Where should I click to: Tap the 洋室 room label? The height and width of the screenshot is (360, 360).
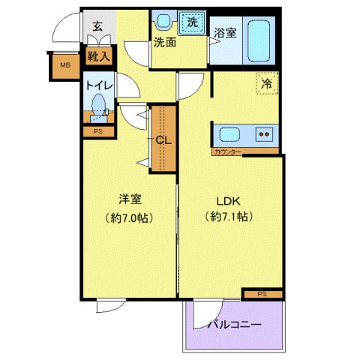tap(129, 199)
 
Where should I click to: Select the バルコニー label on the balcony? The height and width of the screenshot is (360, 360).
tap(235, 325)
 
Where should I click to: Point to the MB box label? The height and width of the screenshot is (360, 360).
tap(66, 66)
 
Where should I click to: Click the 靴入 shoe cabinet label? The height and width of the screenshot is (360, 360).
tap(97, 56)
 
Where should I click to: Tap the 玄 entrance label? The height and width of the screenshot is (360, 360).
tap(97, 25)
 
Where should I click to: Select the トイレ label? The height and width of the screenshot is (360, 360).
tap(99, 85)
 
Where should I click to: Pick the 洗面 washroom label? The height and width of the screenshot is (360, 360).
tap(165, 43)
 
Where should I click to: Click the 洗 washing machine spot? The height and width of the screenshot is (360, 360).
tap(193, 22)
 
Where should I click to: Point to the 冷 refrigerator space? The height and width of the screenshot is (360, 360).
tap(266, 83)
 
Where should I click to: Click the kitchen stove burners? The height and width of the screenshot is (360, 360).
tap(265, 135)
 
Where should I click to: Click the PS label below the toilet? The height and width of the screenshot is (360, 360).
tap(97, 132)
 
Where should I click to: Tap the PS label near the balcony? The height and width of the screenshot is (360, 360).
tap(262, 293)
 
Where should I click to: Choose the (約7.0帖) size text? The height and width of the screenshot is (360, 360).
tap(129, 217)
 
